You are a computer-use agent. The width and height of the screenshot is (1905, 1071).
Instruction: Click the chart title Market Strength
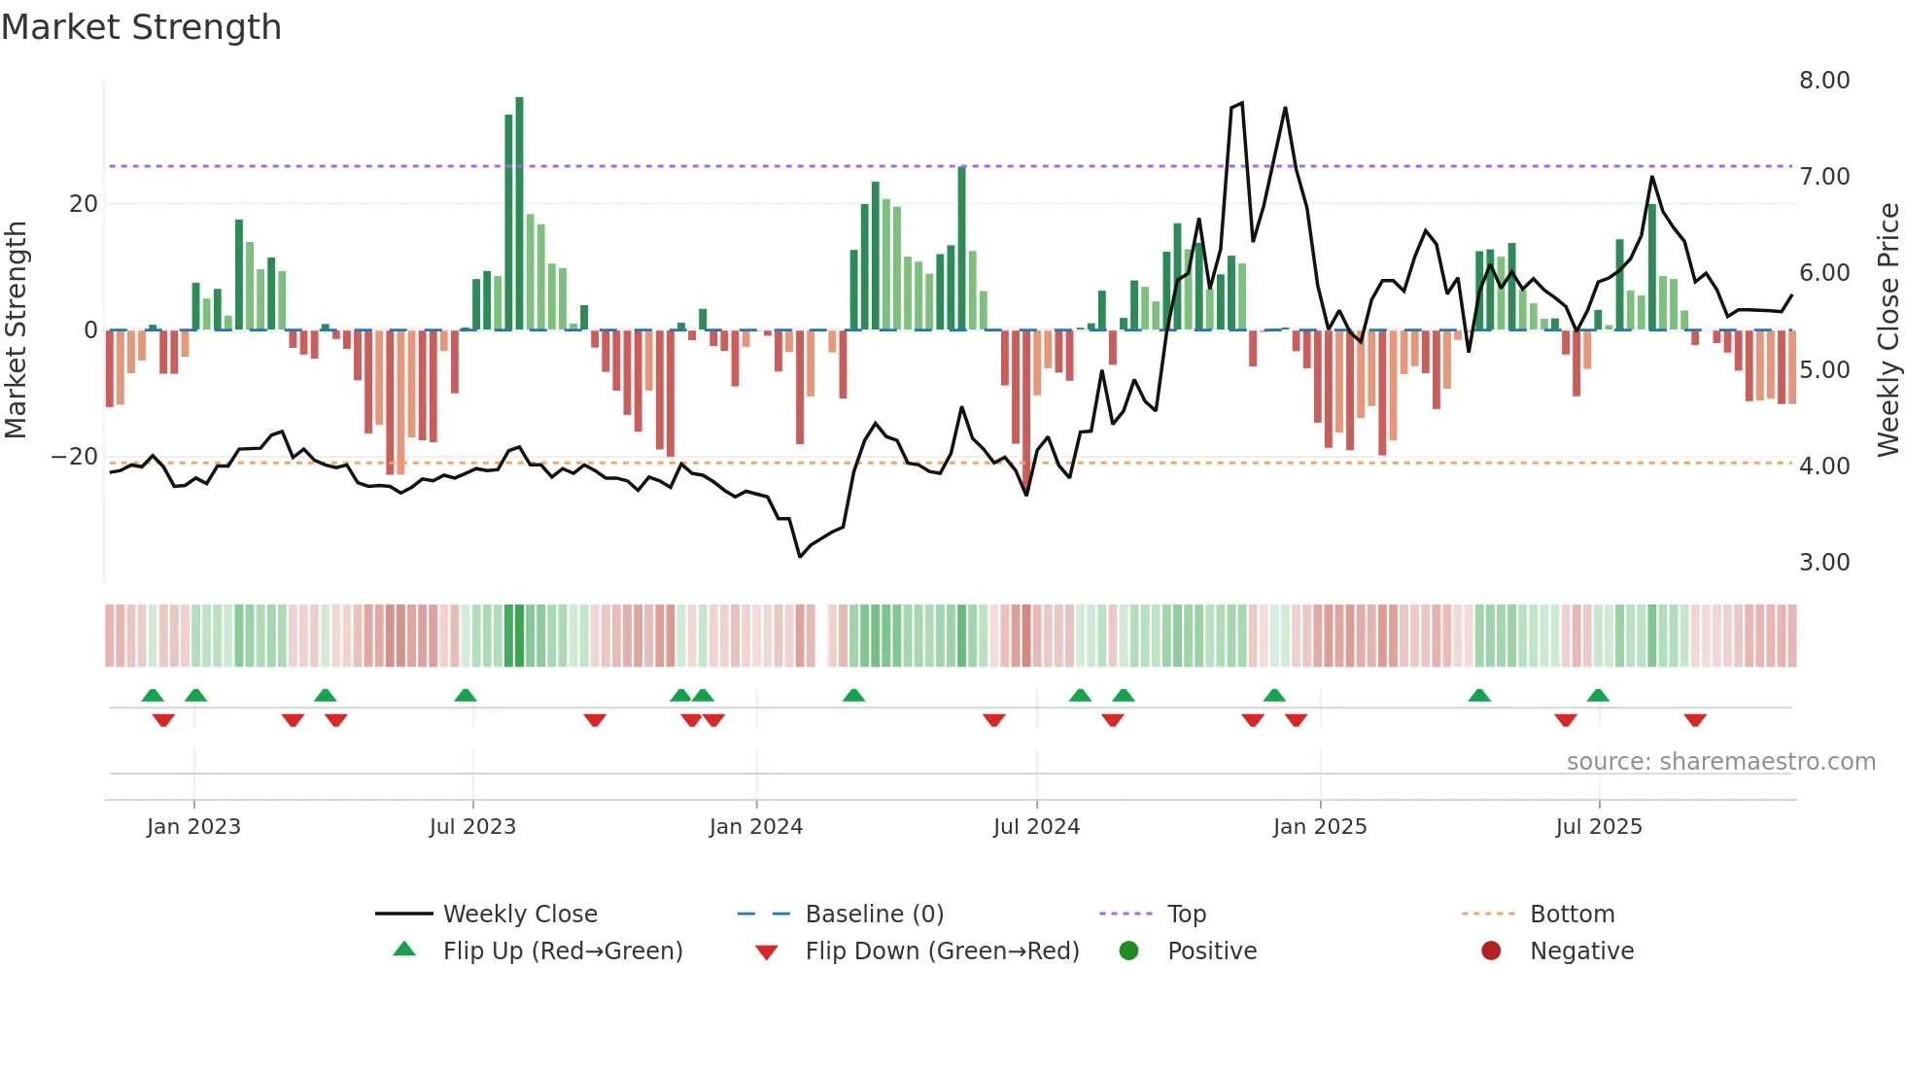click(141, 27)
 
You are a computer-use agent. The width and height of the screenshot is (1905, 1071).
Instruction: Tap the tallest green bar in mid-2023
click(519, 214)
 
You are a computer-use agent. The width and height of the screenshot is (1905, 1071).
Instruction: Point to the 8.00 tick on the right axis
click(1823, 81)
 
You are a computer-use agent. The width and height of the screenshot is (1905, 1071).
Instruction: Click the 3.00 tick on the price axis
click(1823, 563)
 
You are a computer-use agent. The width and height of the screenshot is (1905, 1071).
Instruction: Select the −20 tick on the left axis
click(74, 457)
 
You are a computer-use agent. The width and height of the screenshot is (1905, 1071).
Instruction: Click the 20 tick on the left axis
click(84, 204)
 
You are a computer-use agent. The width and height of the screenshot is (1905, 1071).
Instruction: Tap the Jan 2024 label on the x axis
click(755, 827)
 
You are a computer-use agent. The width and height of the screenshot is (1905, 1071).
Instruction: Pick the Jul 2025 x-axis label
click(1598, 827)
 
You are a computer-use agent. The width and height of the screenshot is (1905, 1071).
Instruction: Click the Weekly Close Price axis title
click(1888, 330)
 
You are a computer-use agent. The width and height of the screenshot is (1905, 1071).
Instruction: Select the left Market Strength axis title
click(17, 330)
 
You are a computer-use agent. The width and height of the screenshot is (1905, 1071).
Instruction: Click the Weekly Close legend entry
click(519, 915)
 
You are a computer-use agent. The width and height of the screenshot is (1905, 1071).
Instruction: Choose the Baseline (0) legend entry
click(874, 915)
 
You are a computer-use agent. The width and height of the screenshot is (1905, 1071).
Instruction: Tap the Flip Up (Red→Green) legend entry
click(562, 951)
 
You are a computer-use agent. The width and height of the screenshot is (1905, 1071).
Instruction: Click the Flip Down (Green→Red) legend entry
click(941, 951)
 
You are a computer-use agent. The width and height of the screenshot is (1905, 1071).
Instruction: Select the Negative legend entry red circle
click(1491, 951)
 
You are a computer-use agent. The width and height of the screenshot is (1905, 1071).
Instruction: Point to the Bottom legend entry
click(1571, 915)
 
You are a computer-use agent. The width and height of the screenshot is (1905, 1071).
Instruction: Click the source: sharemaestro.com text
click(1720, 762)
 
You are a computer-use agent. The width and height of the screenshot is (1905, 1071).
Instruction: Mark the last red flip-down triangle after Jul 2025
click(1695, 720)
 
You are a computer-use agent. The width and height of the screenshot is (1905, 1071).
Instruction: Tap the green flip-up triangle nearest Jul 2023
click(466, 695)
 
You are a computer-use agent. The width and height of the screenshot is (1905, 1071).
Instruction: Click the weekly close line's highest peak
click(1241, 103)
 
